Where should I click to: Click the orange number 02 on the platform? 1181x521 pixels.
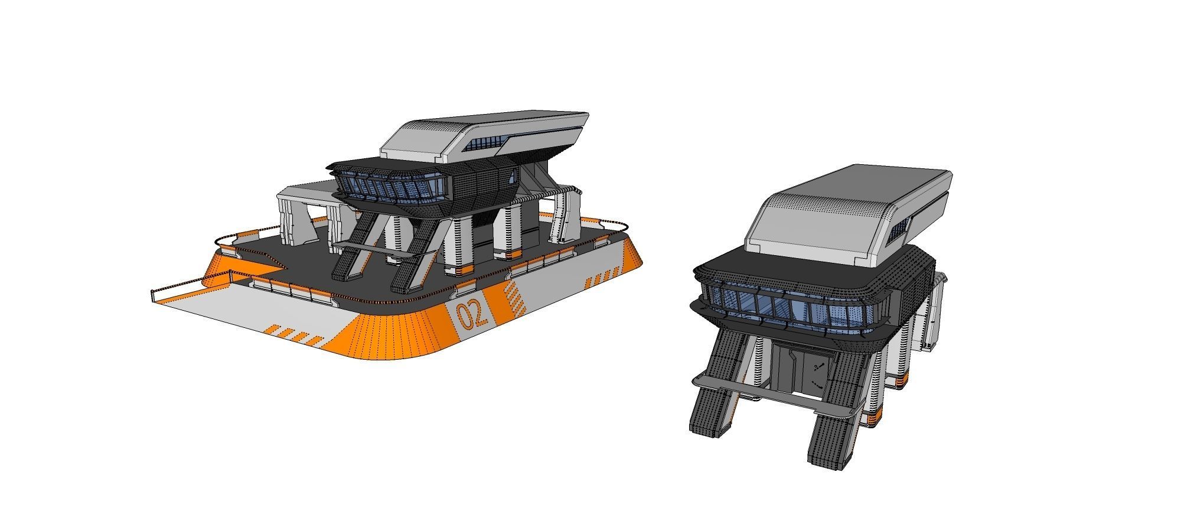(x=472, y=314)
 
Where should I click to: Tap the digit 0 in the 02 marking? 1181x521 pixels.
(x=463, y=317)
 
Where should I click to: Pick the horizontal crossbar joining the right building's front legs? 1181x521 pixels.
(x=768, y=398)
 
